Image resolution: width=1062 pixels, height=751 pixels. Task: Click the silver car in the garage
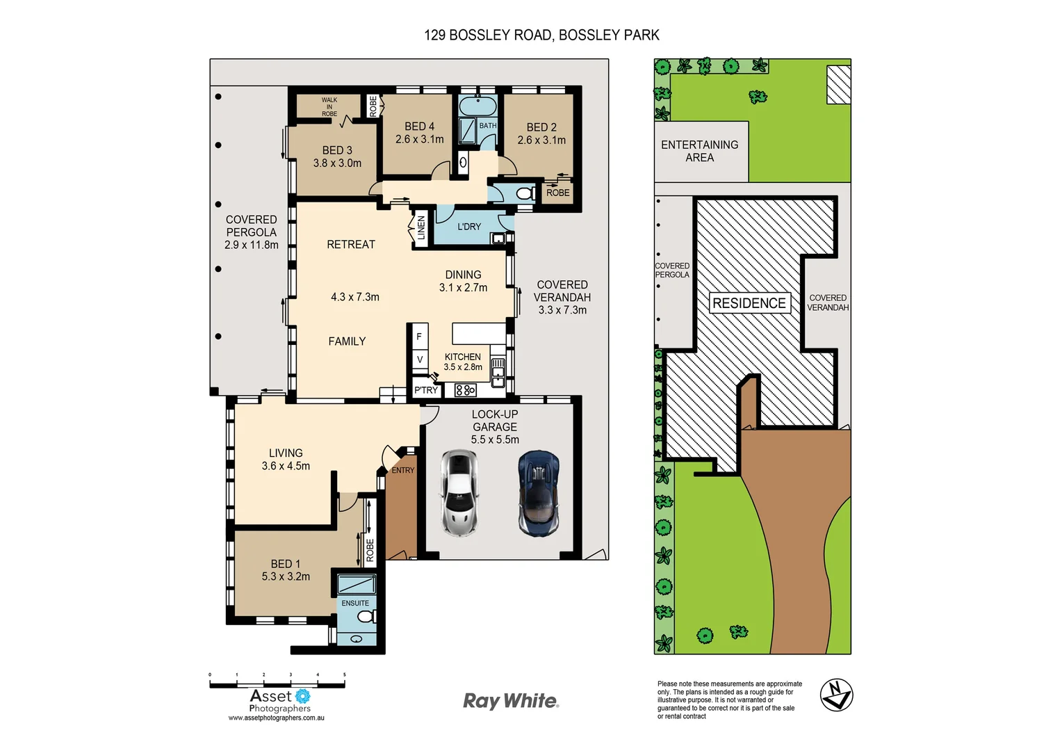[x=459, y=493]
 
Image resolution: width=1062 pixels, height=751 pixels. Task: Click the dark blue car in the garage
[x=538, y=493]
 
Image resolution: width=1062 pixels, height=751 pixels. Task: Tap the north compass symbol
[x=836, y=695]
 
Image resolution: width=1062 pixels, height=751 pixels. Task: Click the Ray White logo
[x=511, y=701]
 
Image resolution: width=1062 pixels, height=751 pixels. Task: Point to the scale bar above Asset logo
[x=277, y=684]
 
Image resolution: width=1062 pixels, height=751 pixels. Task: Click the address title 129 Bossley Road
[x=541, y=35]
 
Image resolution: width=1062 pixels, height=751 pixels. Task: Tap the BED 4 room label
[x=419, y=127]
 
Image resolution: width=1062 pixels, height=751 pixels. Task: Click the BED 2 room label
[x=541, y=127]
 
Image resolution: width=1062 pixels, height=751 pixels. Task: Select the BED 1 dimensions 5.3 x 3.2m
[x=286, y=576]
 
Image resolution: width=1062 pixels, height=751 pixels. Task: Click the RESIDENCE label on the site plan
[x=749, y=303]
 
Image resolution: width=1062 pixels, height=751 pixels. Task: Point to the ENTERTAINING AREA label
[x=699, y=151]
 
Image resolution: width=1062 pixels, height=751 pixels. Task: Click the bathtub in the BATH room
[x=477, y=107]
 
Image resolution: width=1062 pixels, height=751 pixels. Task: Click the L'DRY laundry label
[x=469, y=227]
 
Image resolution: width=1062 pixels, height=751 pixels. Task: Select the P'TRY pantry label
[x=426, y=390]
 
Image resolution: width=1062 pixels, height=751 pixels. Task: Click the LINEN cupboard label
[x=420, y=227]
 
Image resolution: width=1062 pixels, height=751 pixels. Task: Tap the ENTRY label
[x=402, y=471]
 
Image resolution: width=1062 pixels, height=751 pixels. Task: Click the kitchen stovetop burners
[x=466, y=390]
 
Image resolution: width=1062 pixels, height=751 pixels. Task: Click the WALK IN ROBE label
[x=329, y=107]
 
